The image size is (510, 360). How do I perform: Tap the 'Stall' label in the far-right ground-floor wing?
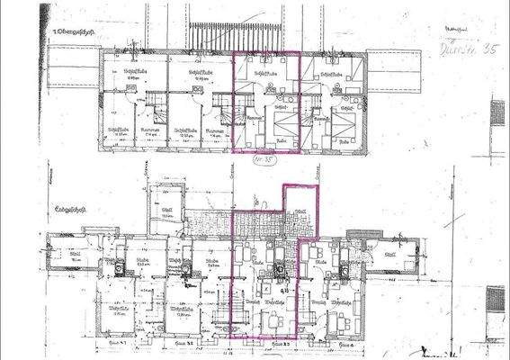point(389,255)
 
